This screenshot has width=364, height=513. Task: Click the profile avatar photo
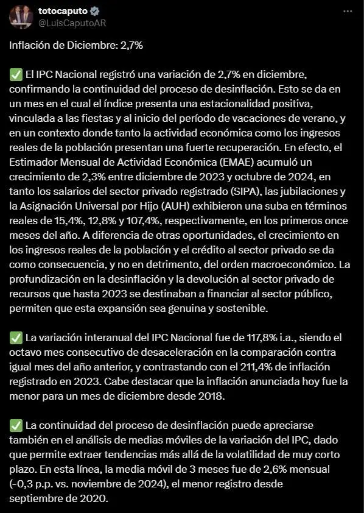click(x=21, y=17)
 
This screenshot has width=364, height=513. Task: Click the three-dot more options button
click(x=347, y=12)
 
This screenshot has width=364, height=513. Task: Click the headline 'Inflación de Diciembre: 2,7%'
click(x=76, y=46)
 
